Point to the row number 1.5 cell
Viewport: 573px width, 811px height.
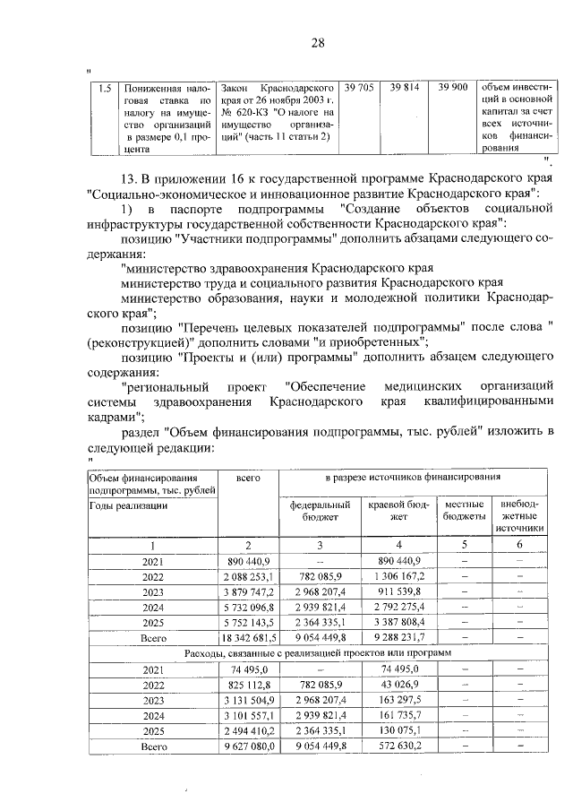tap(104, 89)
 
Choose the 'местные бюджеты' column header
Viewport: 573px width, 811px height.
tap(463, 511)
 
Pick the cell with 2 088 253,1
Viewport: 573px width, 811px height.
tap(249, 576)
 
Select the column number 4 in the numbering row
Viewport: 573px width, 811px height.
tap(399, 545)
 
